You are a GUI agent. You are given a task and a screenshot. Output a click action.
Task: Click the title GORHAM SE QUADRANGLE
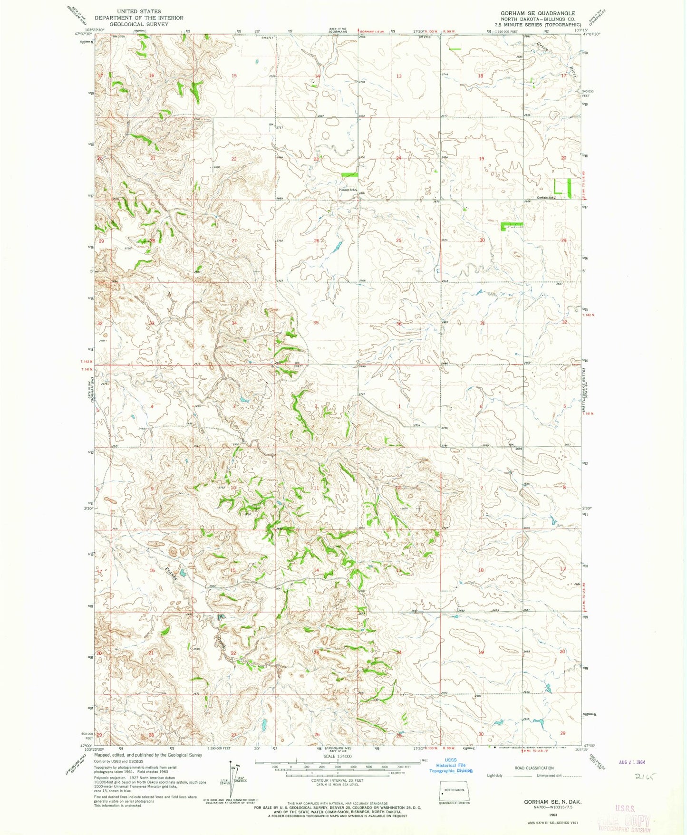click(x=537, y=13)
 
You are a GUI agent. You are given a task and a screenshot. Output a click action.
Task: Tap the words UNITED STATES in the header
click(x=139, y=11)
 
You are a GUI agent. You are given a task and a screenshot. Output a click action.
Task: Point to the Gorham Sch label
click(x=545, y=198)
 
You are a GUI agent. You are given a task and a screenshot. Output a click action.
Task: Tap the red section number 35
click(x=316, y=323)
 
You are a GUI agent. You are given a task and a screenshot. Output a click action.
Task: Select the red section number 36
click(x=399, y=324)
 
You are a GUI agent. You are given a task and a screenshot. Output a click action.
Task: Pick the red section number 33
click(x=152, y=323)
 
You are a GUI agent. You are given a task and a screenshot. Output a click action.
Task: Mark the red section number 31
click(x=482, y=323)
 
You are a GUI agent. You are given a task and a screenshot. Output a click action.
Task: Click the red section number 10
click(x=233, y=488)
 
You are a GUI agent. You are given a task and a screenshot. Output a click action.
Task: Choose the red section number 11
click(x=316, y=488)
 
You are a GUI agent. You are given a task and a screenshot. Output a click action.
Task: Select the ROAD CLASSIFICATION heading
click(x=534, y=768)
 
